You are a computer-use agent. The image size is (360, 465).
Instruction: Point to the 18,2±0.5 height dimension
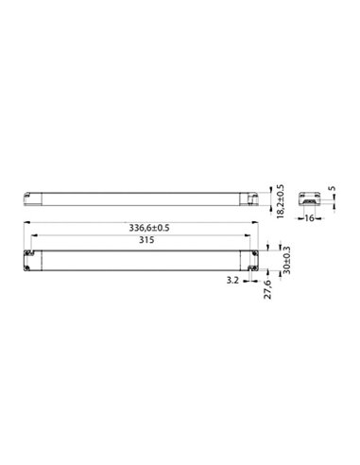point(280,199)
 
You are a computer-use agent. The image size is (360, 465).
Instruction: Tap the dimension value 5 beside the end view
point(330,198)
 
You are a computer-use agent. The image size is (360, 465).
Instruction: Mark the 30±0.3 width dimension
point(284,261)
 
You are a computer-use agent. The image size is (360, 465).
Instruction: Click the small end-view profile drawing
point(308,200)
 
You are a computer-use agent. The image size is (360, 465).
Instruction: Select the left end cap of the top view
point(30,261)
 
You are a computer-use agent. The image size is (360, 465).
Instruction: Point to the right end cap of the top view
point(252,261)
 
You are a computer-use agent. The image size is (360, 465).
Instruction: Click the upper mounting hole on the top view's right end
point(255,252)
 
